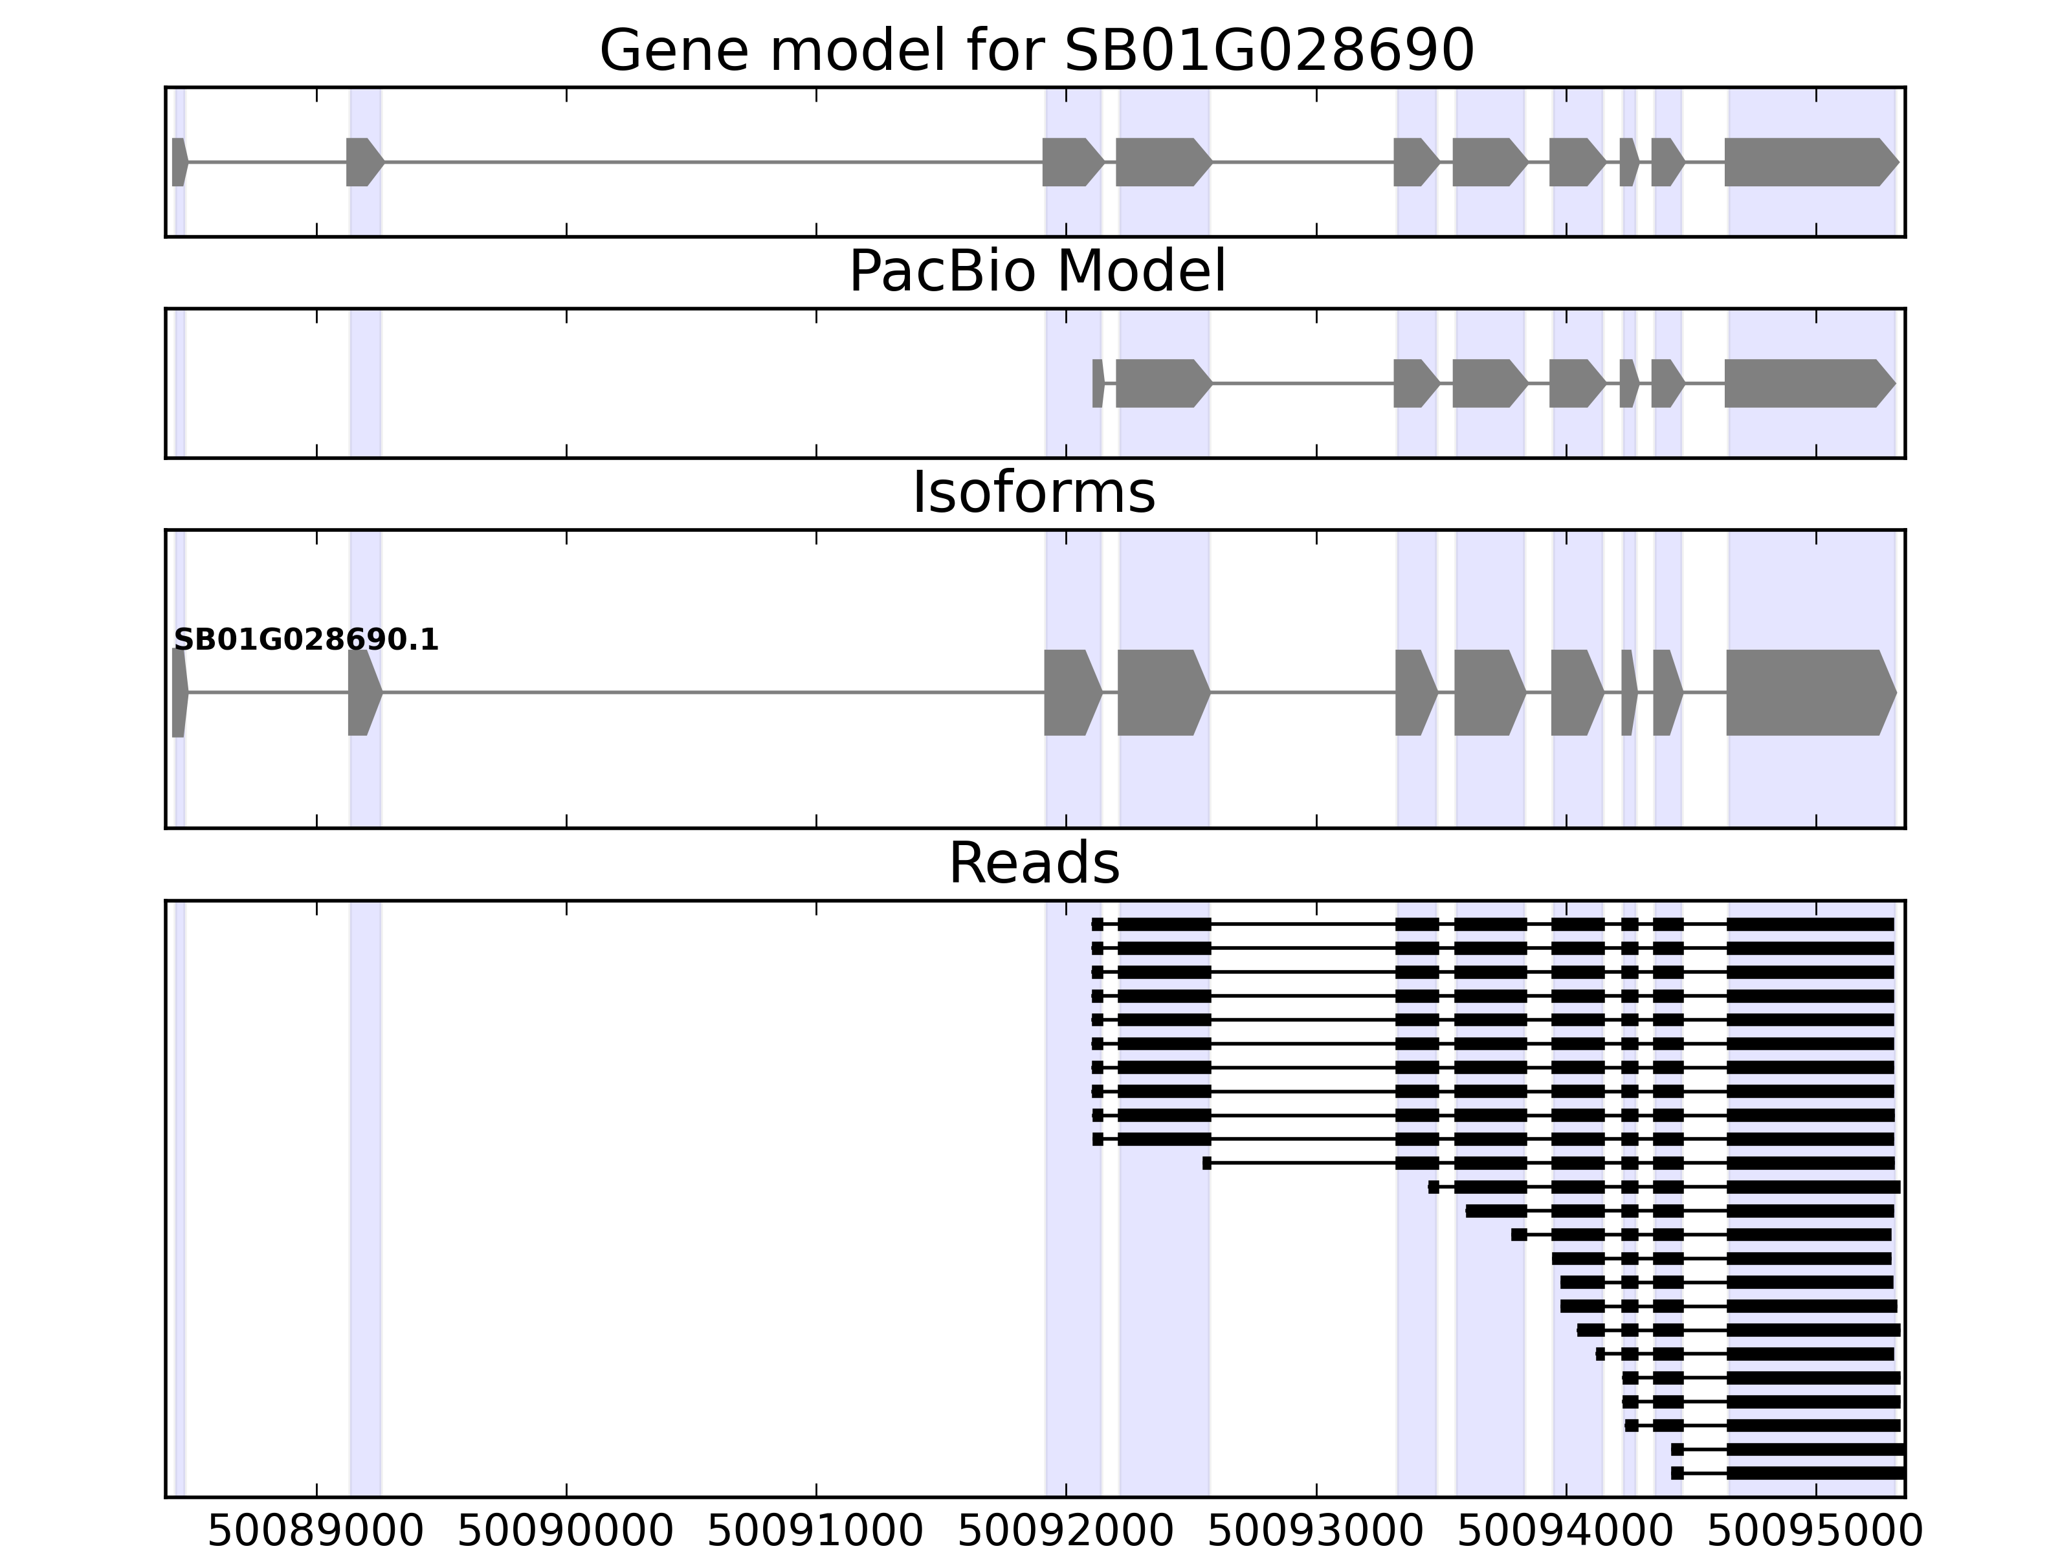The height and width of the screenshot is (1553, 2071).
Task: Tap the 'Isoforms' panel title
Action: pos(1034,493)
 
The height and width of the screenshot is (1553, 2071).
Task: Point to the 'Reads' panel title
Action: pos(1034,863)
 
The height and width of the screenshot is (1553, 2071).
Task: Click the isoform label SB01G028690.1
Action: pos(306,641)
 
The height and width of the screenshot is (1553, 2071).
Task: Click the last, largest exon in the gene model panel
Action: pos(1807,162)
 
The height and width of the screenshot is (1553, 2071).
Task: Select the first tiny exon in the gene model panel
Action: pos(179,162)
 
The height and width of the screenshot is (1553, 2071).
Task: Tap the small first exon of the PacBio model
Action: pos(1097,383)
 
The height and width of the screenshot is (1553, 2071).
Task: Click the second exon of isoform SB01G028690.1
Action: pos(363,693)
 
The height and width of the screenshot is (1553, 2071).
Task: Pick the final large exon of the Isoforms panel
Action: pos(1807,693)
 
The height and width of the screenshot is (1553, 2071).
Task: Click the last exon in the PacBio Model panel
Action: pos(1807,383)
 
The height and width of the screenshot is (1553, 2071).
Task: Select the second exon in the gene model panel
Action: pos(363,162)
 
